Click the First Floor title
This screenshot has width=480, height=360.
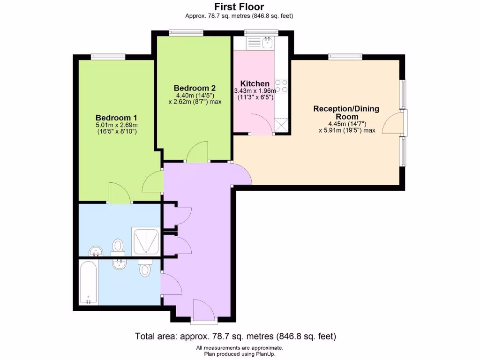[239, 7]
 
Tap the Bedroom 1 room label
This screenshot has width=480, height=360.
[116, 117]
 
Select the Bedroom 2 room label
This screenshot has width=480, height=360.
[195, 88]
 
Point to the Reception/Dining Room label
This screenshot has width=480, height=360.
[346, 112]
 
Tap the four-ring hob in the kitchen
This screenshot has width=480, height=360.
[281, 85]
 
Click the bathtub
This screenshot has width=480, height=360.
[88, 283]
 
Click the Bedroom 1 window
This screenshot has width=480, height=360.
[108, 57]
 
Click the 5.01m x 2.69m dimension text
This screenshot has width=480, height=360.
[116, 125]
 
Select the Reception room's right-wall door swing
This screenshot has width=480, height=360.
[392, 122]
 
